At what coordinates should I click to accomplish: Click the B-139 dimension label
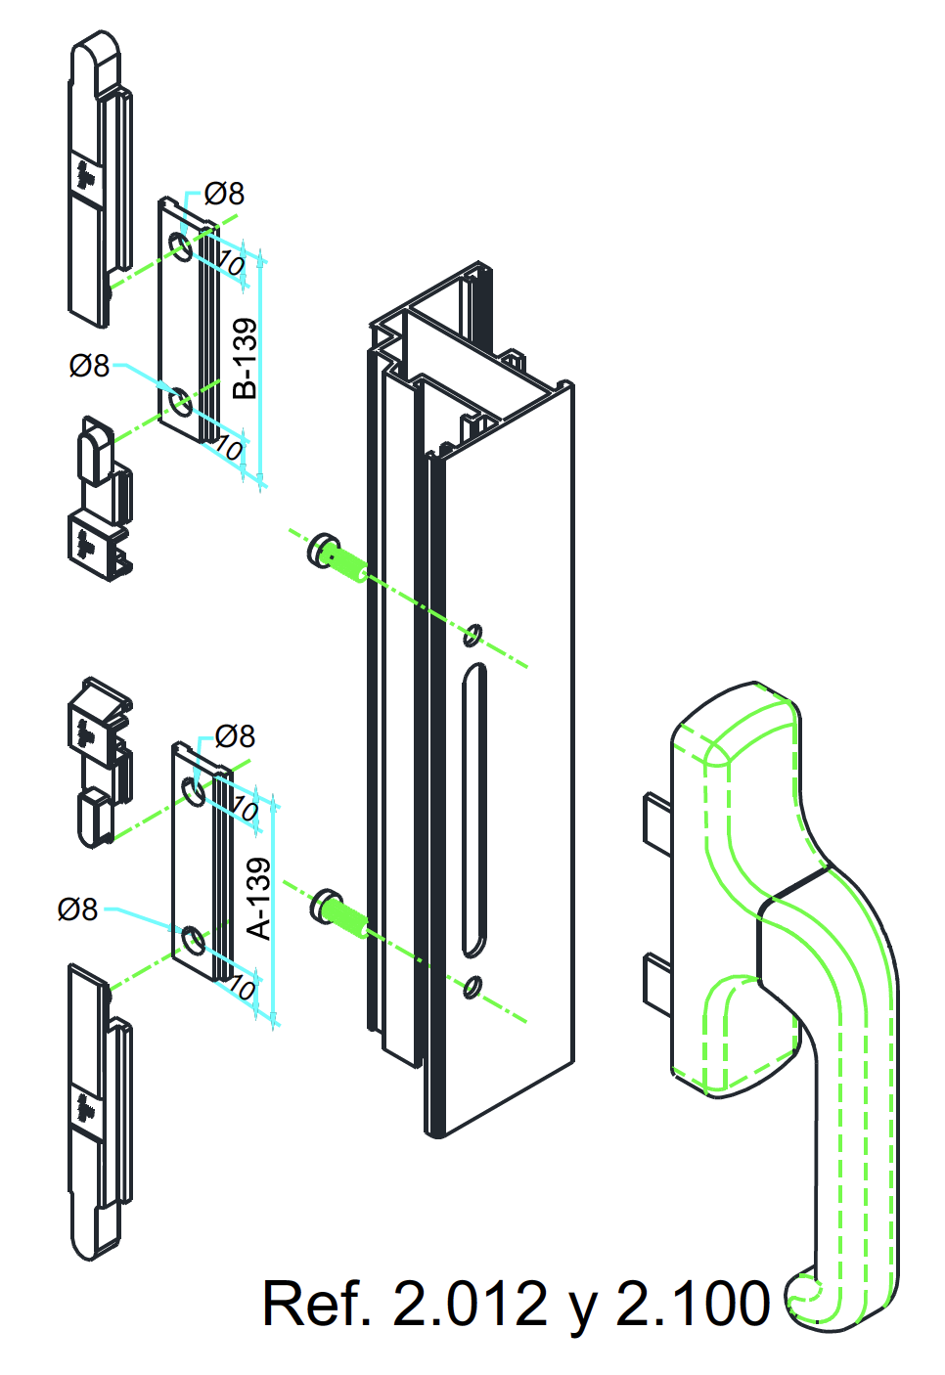(246, 359)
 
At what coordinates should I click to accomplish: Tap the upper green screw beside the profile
(338, 557)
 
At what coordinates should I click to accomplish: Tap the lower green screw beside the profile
(339, 913)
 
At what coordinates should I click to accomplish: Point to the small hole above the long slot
(472, 635)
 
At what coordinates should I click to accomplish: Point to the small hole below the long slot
(472, 987)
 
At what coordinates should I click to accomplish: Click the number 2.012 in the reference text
(470, 1304)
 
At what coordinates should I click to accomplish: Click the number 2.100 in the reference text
(693, 1304)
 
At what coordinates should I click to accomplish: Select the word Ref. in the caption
(317, 1304)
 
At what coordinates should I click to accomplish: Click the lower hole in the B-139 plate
(181, 402)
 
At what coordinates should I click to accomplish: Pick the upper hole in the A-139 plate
(194, 791)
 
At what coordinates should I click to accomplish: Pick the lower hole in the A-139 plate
(194, 941)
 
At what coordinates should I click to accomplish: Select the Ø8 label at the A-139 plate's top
(235, 736)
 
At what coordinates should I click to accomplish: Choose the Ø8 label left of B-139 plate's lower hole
(89, 366)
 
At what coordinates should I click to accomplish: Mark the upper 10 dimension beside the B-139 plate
(230, 263)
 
